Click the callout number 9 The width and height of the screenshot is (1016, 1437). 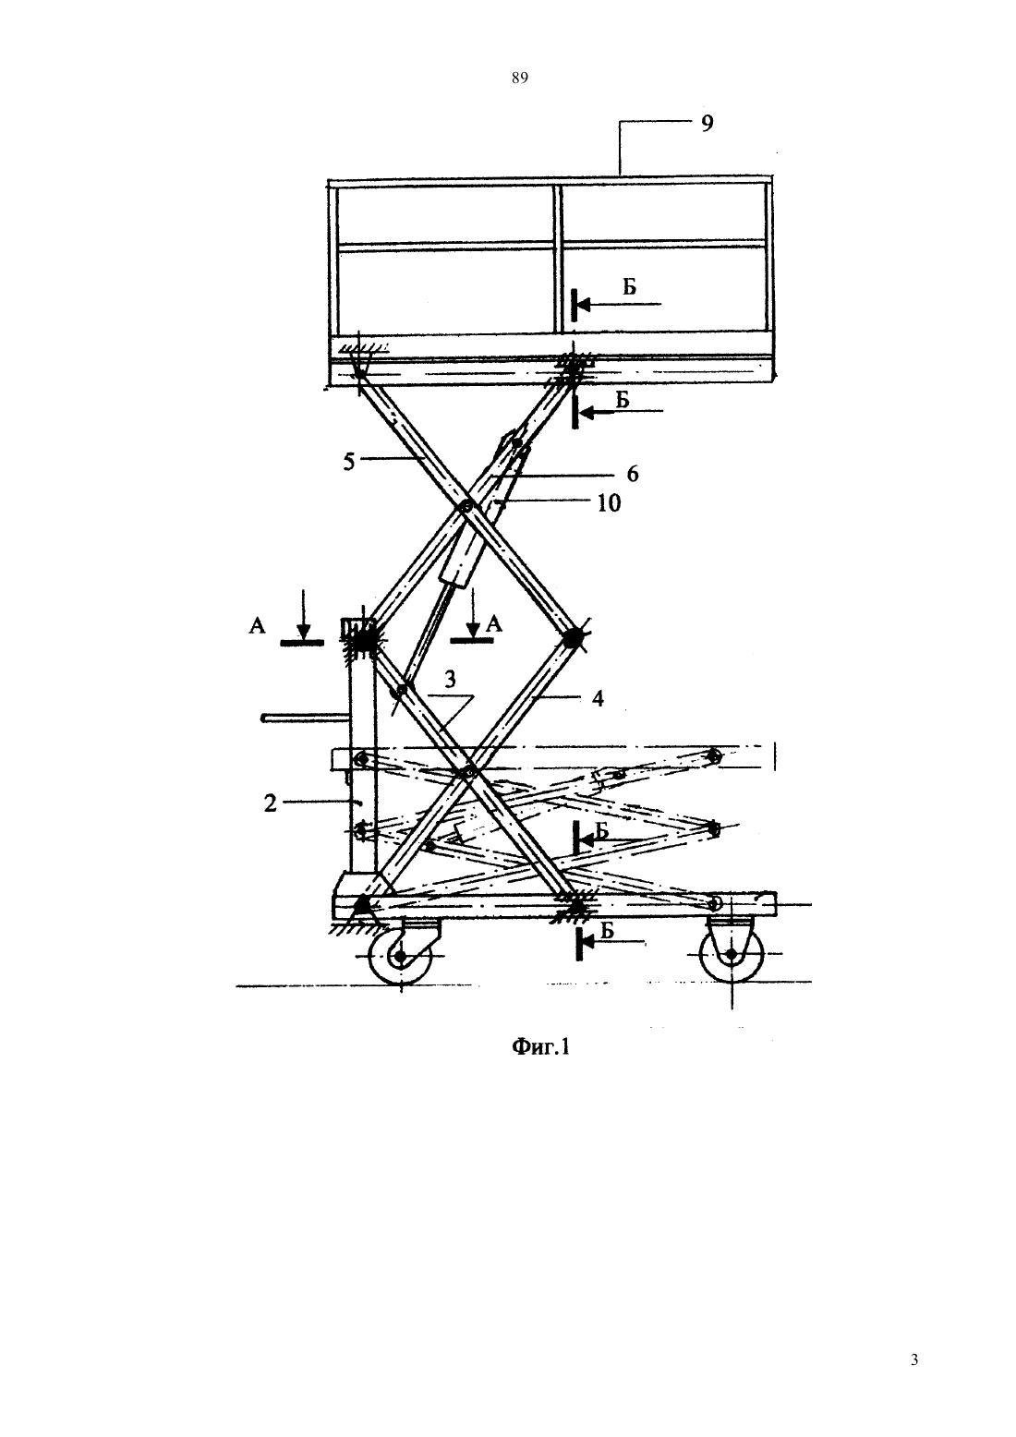[707, 123]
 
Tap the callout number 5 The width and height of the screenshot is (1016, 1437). [349, 462]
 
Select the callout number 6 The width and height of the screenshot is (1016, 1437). [633, 474]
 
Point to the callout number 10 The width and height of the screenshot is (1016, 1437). [610, 503]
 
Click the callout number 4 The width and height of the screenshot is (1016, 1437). [598, 698]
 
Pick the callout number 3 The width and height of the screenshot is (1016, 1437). [451, 680]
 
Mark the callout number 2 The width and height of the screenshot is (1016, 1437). [270, 803]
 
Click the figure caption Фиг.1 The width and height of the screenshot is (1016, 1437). [540, 1047]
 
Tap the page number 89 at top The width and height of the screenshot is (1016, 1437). [520, 78]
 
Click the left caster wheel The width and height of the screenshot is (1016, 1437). [400, 957]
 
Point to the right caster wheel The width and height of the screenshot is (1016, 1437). [732, 955]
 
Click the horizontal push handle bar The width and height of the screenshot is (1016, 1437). [306, 718]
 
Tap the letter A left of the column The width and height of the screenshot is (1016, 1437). [257, 625]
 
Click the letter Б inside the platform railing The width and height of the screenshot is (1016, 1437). [629, 286]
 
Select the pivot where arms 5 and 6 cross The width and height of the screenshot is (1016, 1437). [466, 506]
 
